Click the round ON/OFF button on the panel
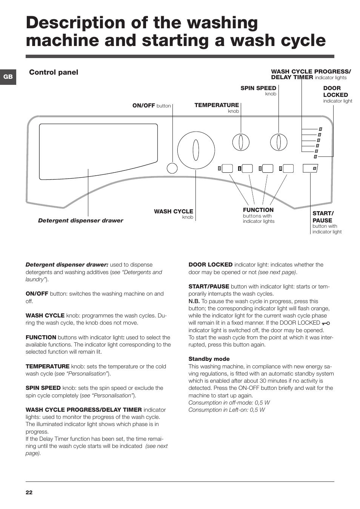[x=172, y=168]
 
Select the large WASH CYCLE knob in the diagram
[x=196, y=150]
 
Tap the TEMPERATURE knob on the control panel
[x=241, y=143]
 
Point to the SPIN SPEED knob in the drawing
[x=278, y=143]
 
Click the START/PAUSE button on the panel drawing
[x=310, y=168]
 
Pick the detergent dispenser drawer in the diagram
[x=98, y=151]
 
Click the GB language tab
[x=8, y=77]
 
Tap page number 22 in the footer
[x=29, y=492]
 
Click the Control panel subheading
[x=54, y=72]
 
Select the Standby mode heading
[x=209, y=359]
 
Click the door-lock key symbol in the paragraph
[x=326, y=323]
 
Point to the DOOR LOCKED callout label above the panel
[x=335, y=92]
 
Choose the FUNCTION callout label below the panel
[x=258, y=210]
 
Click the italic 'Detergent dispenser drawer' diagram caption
[x=80, y=221]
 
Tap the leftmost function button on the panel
[x=227, y=168]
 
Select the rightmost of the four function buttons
[x=288, y=168]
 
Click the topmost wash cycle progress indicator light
[x=320, y=129]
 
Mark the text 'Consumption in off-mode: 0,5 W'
[x=229, y=403]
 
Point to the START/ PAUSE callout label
[x=323, y=217]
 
